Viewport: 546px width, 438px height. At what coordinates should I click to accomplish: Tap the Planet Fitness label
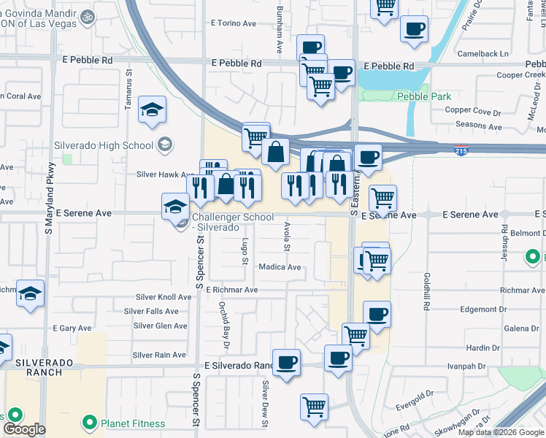(x=133, y=423)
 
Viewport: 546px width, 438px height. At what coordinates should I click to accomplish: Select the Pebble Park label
(x=424, y=96)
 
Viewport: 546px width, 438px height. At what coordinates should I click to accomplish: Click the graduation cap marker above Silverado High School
(x=153, y=110)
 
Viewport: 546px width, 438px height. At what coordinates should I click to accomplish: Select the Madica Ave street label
(x=280, y=267)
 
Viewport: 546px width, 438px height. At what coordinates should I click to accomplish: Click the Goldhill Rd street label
(x=425, y=288)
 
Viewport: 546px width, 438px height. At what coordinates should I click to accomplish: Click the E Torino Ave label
(x=234, y=23)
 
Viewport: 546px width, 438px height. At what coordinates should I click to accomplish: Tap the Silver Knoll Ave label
(x=164, y=297)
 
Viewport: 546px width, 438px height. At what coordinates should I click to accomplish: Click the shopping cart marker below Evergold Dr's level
(x=314, y=407)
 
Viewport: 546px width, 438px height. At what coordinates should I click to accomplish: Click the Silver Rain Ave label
(x=159, y=356)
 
